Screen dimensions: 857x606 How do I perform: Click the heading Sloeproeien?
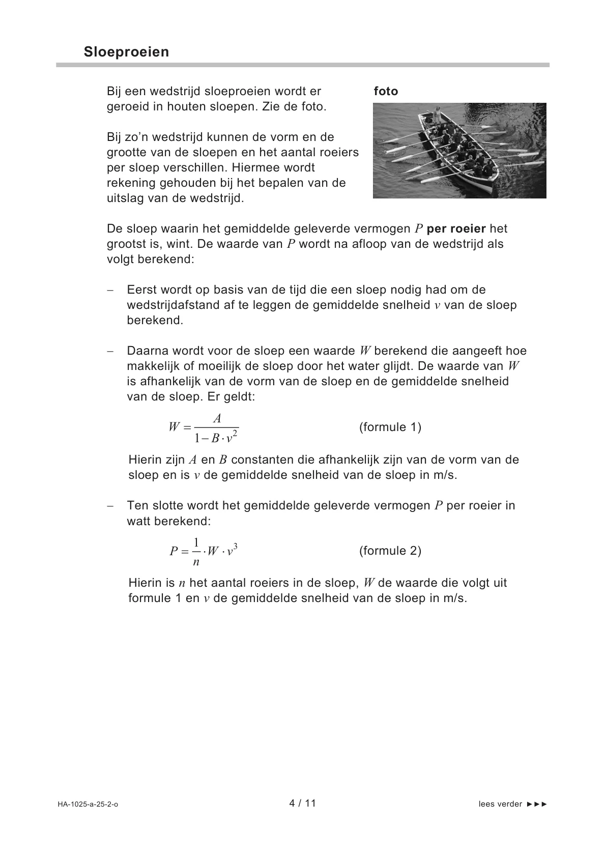click(x=126, y=52)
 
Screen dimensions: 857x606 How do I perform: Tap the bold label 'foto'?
click(x=386, y=92)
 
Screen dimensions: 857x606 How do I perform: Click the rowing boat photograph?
click(x=459, y=150)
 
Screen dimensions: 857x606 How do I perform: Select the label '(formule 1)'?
click(x=390, y=427)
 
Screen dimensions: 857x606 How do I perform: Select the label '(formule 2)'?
click(x=390, y=551)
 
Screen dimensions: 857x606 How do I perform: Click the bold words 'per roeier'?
click(x=456, y=229)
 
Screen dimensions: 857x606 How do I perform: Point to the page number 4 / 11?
click(x=303, y=803)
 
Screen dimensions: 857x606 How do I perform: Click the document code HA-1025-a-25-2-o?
click(x=88, y=804)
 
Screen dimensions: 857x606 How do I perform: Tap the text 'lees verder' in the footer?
click(x=500, y=804)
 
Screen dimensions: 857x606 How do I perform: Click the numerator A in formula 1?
click(x=217, y=418)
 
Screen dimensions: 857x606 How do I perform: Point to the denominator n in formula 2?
click(x=196, y=562)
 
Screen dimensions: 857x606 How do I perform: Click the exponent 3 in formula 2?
click(x=236, y=546)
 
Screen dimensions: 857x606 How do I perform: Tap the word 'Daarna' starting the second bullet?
click(x=147, y=351)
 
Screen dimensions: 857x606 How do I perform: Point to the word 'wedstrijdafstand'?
click(x=174, y=305)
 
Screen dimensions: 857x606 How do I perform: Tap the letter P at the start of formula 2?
click(x=174, y=551)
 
